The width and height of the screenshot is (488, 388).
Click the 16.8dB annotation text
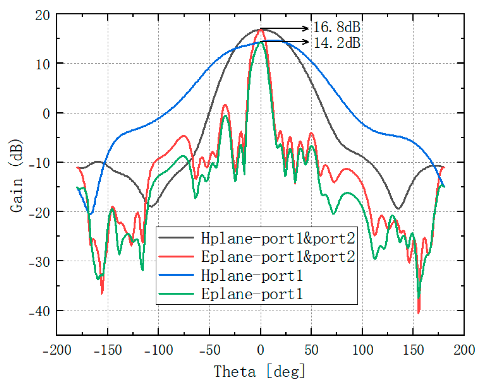click(337, 27)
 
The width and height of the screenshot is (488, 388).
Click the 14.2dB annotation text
click(337, 43)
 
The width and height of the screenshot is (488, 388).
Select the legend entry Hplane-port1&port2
click(278, 238)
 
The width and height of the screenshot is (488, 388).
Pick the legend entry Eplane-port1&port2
click(278, 257)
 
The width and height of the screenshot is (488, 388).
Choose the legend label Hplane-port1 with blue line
click(252, 275)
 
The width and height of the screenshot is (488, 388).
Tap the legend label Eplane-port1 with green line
click(252, 294)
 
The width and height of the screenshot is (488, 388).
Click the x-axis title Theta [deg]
click(259, 372)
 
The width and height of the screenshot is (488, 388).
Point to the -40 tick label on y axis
click(39, 312)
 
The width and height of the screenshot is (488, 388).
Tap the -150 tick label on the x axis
click(108, 350)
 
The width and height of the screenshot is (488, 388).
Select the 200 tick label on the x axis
click(464, 350)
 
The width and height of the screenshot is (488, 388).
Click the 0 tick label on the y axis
click(46, 114)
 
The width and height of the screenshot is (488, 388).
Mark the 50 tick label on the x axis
click(311, 350)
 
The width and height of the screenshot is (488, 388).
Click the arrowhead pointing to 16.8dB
click(306, 29)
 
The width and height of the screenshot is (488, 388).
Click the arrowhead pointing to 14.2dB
click(306, 42)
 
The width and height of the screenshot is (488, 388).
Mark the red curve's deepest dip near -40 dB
click(419, 312)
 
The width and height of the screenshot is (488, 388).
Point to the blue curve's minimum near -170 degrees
click(90, 214)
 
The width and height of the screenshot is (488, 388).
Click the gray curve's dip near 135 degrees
click(398, 208)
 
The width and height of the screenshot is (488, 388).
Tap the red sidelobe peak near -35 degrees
click(225, 105)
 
